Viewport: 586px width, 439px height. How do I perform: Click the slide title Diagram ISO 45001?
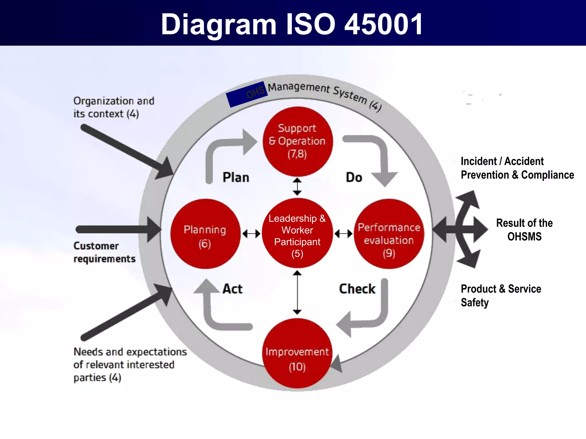(x=292, y=25)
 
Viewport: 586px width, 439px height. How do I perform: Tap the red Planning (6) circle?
(x=205, y=234)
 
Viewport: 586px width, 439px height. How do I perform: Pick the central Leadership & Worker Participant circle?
(x=297, y=233)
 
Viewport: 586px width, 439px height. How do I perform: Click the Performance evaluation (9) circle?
(x=389, y=234)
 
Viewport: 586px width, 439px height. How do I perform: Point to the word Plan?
(x=236, y=177)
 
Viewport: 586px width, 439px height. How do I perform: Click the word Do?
(x=354, y=177)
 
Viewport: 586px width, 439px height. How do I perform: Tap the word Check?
(x=357, y=289)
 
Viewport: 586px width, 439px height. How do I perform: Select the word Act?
(x=233, y=289)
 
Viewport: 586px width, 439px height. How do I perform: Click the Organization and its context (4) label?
(x=114, y=107)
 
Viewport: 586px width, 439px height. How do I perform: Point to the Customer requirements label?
(x=104, y=252)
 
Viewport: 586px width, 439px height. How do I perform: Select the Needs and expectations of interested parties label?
(x=130, y=365)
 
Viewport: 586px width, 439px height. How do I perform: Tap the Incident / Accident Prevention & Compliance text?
(x=517, y=168)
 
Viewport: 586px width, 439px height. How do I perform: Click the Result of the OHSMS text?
(x=524, y=230)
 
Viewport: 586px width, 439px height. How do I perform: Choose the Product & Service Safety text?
(x=501, y=296)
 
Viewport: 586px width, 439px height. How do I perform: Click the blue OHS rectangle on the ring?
(x=247, y=94)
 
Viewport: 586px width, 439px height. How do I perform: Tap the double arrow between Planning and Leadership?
(x=251, y=234)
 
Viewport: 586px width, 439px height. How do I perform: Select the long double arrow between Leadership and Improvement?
(x=297, y=293)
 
